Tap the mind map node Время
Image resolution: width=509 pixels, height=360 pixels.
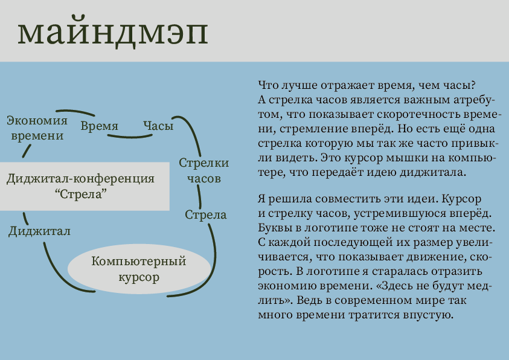click(x=99, y=126)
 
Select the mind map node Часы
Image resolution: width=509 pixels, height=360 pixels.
click(x=158, y=126)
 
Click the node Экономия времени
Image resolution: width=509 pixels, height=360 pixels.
click(x=37, y=127)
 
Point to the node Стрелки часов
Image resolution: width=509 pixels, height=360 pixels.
click(x=204, y=170)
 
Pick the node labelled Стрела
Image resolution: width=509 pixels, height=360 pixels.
click(x=206, y=214)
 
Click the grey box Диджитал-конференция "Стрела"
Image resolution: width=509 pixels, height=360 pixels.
click(x=81, y=186)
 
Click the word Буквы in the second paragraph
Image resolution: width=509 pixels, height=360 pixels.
click(x=273, y=229)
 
